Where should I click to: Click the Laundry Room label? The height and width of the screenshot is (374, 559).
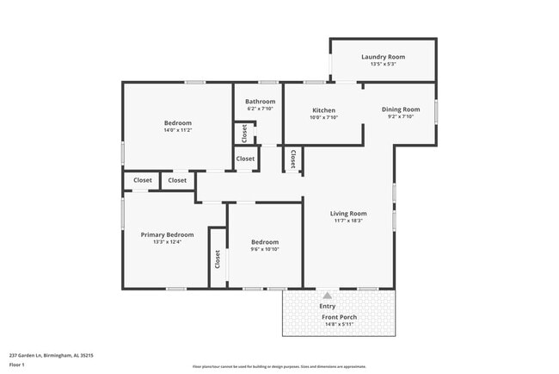pyautogui.click(x=383, y=57)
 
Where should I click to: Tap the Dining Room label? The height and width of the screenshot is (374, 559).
pyautogui.click(x=401, y=109)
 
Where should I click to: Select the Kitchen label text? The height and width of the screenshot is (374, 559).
pyautogui.click(x=323, y=110)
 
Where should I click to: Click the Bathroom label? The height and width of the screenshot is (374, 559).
pyautogui.click(x=260, y=102)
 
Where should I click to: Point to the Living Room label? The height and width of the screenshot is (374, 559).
pyautogui.click(x=348, y=214)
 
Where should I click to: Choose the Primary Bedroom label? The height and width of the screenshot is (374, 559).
pyautogui.click(x=167, y=234)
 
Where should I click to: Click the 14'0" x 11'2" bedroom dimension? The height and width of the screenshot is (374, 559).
pyautogui.click(x=178, y=130)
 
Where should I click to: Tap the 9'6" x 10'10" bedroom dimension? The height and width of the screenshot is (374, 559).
pyautogui.click(x=264, y=250)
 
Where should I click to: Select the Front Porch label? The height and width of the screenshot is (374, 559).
pyautogui.click(x=339, y=317)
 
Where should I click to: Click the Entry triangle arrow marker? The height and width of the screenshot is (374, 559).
pyautogui.click(x=327, y=296)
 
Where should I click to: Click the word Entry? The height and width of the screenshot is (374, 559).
pyautogui.click(x=328, y=306)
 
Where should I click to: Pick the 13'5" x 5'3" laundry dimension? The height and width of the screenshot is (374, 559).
pyautogui.click(x=383, y=65)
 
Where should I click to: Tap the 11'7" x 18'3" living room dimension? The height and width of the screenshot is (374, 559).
pyautogui.click(x=348, y=221)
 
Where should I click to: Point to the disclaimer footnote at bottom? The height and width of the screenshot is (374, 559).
pyautogui.click(x=279, y=365)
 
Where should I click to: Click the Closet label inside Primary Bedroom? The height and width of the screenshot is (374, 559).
pyautogui.click(x=218, y=259)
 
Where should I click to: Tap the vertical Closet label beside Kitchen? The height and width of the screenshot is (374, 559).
pyautogui.click(x=293, y=159)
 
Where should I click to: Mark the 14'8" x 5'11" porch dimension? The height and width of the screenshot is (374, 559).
pyautogui.click(x=339, y=325)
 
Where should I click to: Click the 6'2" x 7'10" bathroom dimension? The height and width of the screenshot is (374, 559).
pyautogui.click(x=260, y=109)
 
